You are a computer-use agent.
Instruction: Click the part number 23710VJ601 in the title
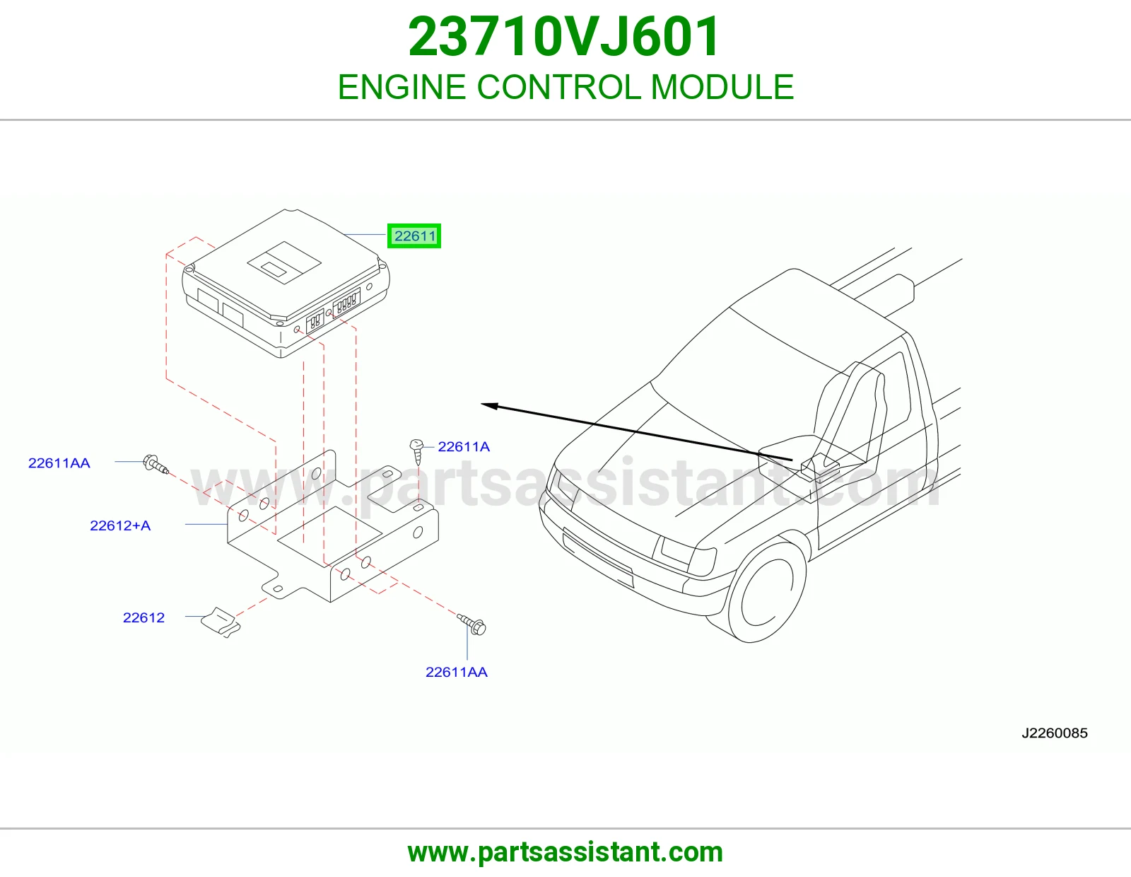coord(564,37)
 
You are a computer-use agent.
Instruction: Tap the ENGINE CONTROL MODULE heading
coord(565,87)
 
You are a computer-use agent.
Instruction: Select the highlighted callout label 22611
coord(414,236)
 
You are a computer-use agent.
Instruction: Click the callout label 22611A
coord(464,447)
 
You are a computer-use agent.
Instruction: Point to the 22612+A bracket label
coord(120,525)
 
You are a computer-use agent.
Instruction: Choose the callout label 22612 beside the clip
coord(143,617)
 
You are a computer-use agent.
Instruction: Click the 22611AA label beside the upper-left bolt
coord(59,463)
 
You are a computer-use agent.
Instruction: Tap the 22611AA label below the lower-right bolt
coord(457,673)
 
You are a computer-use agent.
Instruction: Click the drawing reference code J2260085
coord(1055,733)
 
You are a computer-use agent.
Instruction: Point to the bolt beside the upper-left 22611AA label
coord(156,465)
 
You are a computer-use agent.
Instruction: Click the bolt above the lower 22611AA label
coord(471,625)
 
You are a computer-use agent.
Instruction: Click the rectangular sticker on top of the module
coord(283,262)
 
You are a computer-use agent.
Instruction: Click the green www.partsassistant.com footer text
coord(565,852)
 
